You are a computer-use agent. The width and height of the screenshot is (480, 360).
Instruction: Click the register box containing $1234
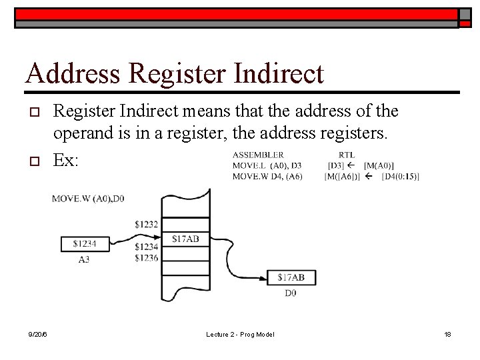(84, 245)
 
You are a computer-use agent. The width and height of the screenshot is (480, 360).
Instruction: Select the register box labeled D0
(291, 277)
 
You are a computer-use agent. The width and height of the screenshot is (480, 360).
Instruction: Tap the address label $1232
(145, 224)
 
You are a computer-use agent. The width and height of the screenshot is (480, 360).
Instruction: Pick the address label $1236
(145, 257)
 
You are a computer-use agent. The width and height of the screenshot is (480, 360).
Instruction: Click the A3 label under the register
(84, 259)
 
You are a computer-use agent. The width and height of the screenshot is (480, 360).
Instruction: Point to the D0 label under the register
(291, 292)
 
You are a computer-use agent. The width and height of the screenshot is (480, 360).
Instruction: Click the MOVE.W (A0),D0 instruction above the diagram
(88, 198)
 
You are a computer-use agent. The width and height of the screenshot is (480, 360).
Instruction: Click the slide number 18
(447, 334)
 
